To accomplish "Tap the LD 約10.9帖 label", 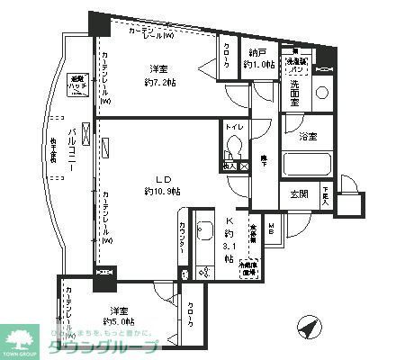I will [x=161, y=185].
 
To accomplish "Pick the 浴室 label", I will [x=309, y=136].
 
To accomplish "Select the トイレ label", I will [x=232, y=129].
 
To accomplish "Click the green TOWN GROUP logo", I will [x=22, y=338].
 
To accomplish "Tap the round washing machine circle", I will [x=322, y=93].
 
